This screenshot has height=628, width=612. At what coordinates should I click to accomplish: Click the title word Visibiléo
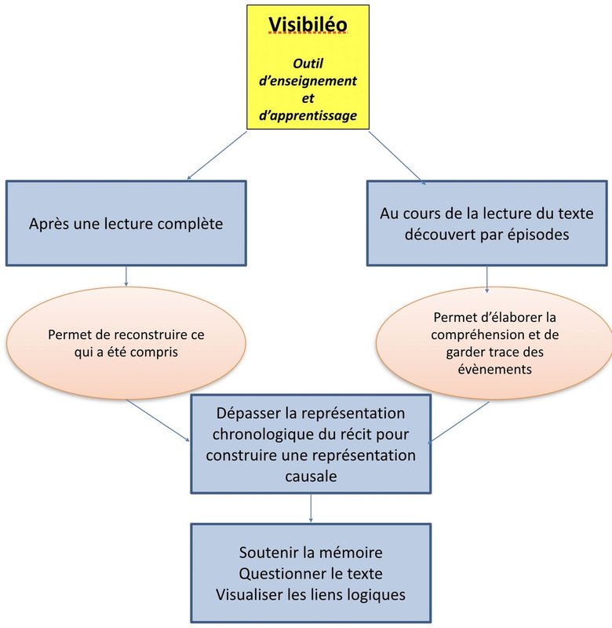coord(308,25)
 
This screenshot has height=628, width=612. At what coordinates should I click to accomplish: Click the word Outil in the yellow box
coord(308,64)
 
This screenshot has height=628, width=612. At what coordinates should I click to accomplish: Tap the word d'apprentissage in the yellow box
coord(308,115)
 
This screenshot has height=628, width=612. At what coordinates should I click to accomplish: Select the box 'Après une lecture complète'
coord(126,224)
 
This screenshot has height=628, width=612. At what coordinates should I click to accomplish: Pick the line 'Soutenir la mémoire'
coord(311,554)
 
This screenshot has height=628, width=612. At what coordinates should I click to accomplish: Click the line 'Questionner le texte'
coord(311,574)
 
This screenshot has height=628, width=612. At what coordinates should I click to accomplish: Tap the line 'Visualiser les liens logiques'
coord(311,594)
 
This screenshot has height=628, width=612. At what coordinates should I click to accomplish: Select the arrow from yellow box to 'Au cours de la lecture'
coord(397,157)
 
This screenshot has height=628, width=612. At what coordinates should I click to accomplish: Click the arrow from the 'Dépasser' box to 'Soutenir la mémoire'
coord(311,509)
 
